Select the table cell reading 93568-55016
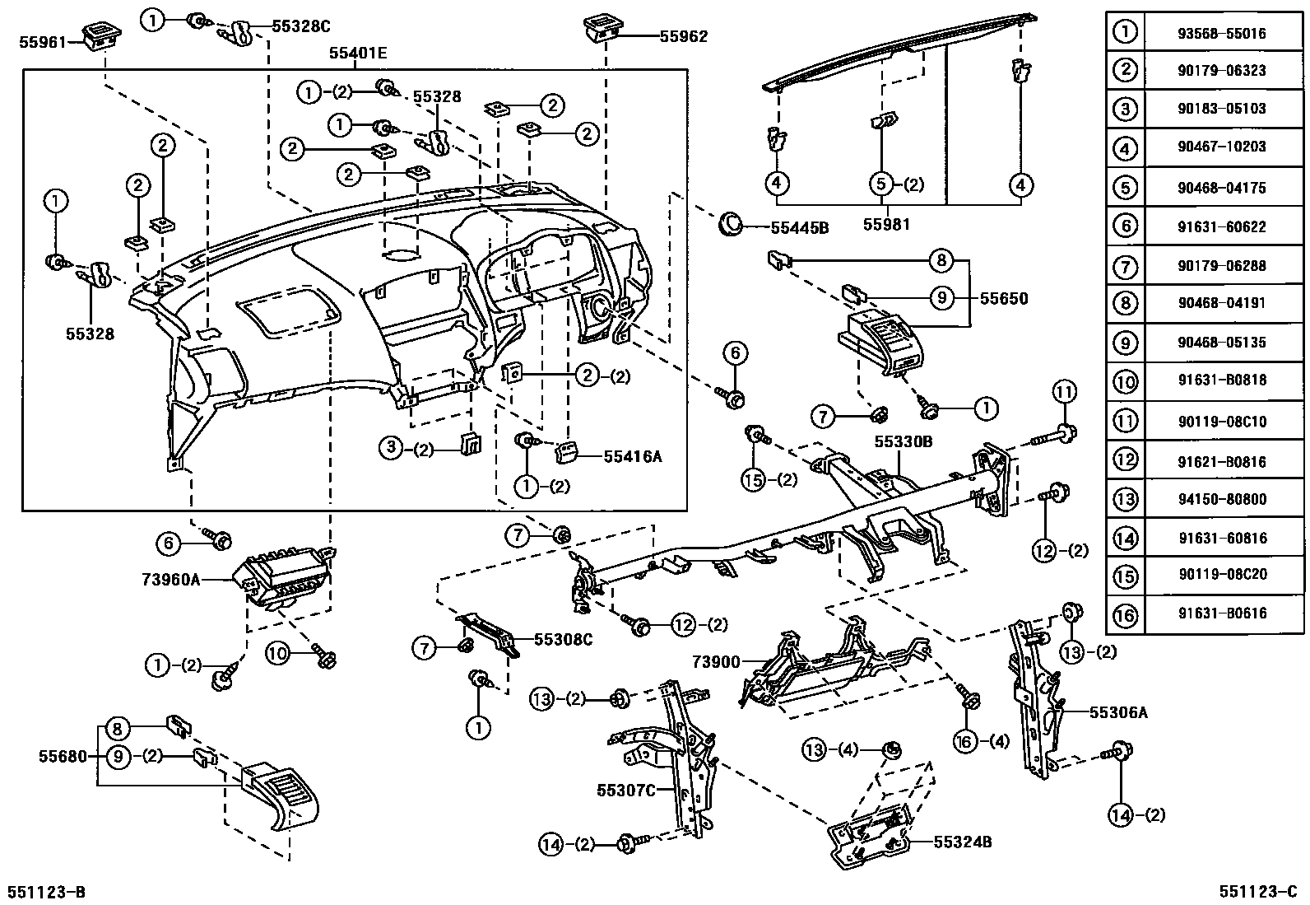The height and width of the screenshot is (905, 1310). (x=1221, y=33)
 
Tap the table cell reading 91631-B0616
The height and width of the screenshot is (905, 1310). (x=1221, y=613)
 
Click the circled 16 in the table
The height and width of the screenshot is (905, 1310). (x=1125, y=613)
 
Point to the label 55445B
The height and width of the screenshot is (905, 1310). (x=799, y=228)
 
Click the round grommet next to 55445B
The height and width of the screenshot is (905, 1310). (x=730, y=223)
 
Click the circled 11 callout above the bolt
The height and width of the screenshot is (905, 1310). (x=1065, y=392)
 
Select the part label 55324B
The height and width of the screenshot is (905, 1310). (x=963, y=842)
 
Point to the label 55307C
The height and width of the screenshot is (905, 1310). (x=625, y=791)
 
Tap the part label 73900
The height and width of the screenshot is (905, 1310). (x=716, y=661)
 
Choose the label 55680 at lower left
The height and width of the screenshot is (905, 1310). (x=62, y=755)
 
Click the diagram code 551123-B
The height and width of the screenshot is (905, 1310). (x=46, y=893)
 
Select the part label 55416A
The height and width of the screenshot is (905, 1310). (x=633, y=455)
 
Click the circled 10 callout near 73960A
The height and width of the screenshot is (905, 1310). (x=277, y=653)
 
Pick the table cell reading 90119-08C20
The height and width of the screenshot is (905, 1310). (x=1221, y=574)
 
